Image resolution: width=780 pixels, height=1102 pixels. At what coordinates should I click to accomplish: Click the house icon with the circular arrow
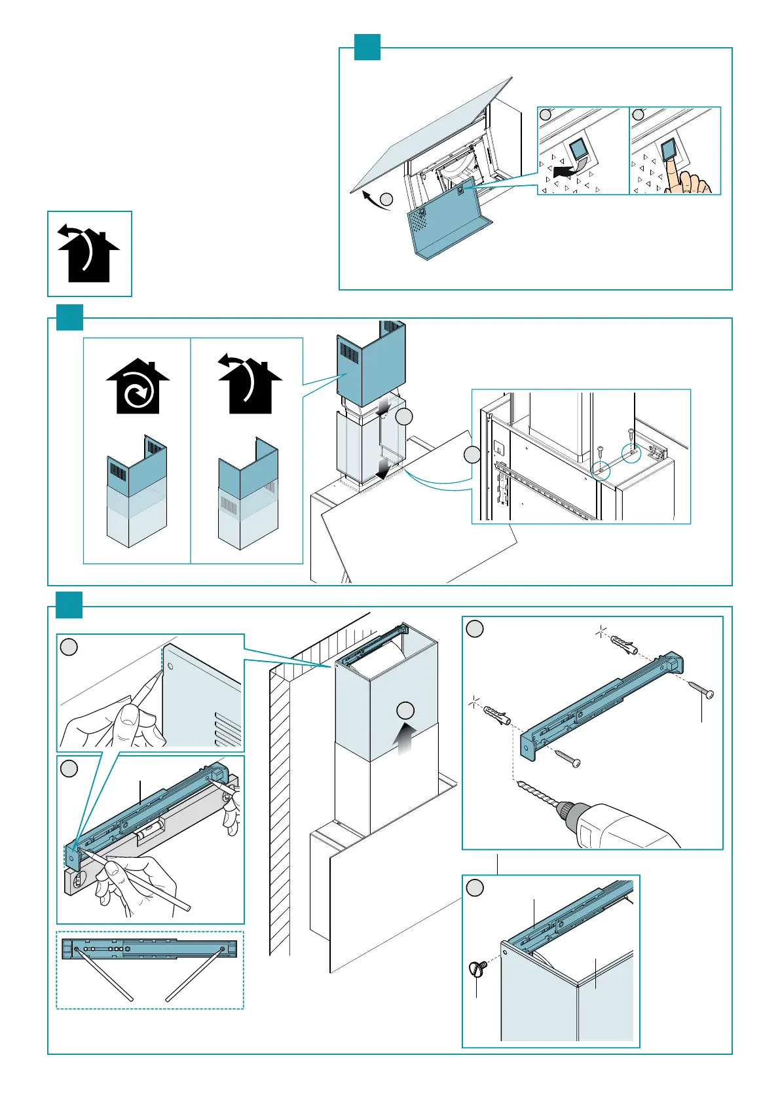coord(138,387)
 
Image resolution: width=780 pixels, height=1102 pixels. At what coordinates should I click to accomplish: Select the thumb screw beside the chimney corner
coord(477,968)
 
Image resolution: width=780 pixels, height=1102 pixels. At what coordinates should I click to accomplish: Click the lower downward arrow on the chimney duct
coord(386,469)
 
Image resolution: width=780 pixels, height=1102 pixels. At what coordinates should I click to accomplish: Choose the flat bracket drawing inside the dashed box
coord(149,948)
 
